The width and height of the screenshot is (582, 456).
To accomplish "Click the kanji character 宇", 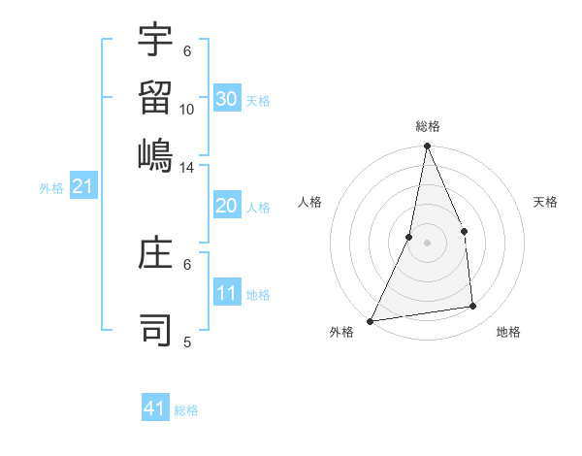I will coord(156,40).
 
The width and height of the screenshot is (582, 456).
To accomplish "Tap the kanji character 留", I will coord(156,98).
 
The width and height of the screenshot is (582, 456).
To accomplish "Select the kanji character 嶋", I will coord(156,156).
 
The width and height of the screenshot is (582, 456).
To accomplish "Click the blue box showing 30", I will coord(226,99).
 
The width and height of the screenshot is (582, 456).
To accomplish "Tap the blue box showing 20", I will coord(226,207).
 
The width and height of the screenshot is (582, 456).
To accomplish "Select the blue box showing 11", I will coord(226,294).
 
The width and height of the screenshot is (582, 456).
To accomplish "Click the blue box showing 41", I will coord(155,408).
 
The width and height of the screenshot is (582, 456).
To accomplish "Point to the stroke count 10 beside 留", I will coord(187,110).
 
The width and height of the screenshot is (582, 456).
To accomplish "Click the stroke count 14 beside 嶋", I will coord(187,168).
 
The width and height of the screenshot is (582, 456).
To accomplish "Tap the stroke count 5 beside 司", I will coord(187,342).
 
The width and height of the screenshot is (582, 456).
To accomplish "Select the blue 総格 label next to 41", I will coord(186,410).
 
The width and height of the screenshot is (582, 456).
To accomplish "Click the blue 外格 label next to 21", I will coord(51,188).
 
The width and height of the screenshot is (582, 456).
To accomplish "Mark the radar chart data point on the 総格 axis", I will coord(427,147).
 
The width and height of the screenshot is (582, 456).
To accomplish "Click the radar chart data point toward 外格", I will coord(371,320).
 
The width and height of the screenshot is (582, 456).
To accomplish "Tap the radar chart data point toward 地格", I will coord(473,307).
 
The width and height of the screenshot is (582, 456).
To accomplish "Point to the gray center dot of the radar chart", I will coord(427,243).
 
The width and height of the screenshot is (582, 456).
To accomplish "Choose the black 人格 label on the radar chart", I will coord(310,202).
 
